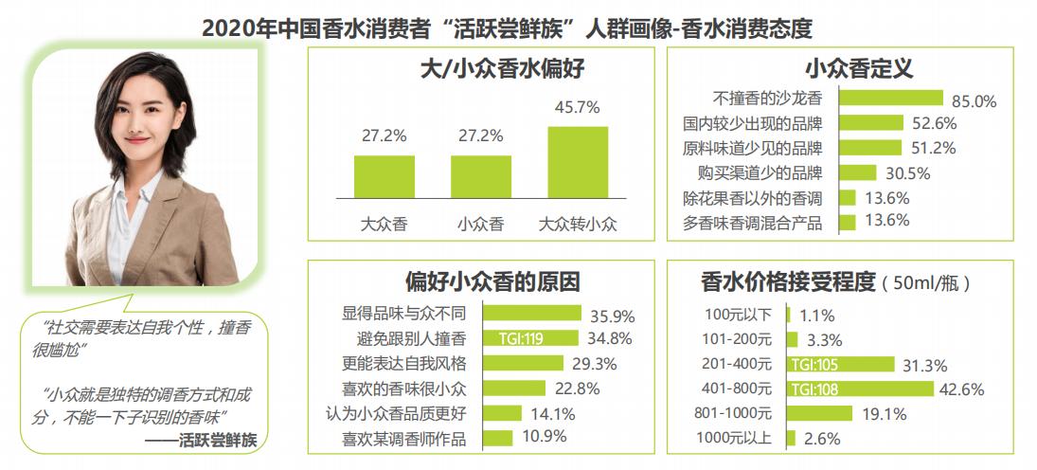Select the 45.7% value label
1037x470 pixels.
click(578, 108)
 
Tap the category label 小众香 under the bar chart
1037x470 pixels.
click(480, 225)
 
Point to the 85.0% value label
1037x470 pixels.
click(974, 99)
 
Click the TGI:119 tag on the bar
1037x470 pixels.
click(520, 337)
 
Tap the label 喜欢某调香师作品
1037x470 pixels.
click(411, 439)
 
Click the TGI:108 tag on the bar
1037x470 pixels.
click(815, 389)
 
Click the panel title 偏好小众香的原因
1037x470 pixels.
click(479, 282)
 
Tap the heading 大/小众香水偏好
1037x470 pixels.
click(480, 68)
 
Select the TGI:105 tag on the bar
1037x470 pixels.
click(815, 364)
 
